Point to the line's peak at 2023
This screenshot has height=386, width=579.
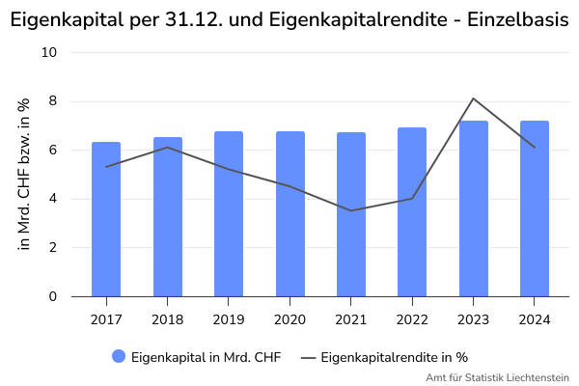473,98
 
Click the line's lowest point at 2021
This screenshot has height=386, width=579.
350,210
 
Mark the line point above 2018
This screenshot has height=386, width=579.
167,148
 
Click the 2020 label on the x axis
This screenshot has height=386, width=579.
289,319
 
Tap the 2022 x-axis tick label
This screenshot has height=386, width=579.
412,319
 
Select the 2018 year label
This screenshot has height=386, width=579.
167,319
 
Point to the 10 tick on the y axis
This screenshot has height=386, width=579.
50,52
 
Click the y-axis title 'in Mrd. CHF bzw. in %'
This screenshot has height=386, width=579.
25,175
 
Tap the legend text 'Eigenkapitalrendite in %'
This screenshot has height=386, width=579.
394,357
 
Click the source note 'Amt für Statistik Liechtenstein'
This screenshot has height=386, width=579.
497,377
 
